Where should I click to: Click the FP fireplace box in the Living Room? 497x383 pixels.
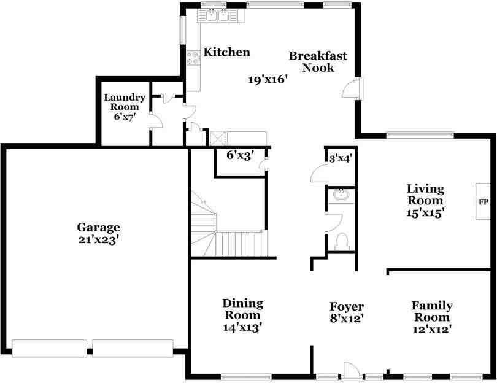coord(483,201)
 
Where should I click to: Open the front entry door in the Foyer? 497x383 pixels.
coord(352,370)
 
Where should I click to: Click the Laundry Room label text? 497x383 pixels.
coord(125,102)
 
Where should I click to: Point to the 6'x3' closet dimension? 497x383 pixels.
coord(239,155)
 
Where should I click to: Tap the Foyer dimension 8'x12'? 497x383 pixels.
coord(347,319)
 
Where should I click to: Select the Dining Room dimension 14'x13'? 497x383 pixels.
coord(242,327)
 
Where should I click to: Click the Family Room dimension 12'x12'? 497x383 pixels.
coord(432,329)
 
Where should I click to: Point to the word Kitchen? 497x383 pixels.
coord(226,52)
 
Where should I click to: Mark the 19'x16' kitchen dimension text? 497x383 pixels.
coord(268,79)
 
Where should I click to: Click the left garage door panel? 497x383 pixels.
coord(49,348)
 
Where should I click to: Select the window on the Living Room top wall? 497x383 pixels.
coord(420,134)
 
